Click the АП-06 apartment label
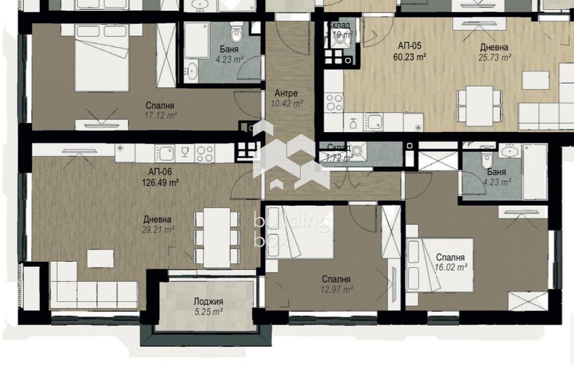click(160, 172)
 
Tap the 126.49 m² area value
click(160, 182)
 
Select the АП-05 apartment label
click(410, 46)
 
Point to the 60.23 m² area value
click(410, 56)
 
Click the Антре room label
click(286, 94)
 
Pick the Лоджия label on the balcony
click(208, 302)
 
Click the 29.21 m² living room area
click(159, 229)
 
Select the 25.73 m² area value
click(494, 57)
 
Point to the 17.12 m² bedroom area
click(161, 115)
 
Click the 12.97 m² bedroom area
click(336, 289)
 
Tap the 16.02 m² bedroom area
click(450, 267)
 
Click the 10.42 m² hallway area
click(286, 104)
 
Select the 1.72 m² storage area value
click(339, 158)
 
